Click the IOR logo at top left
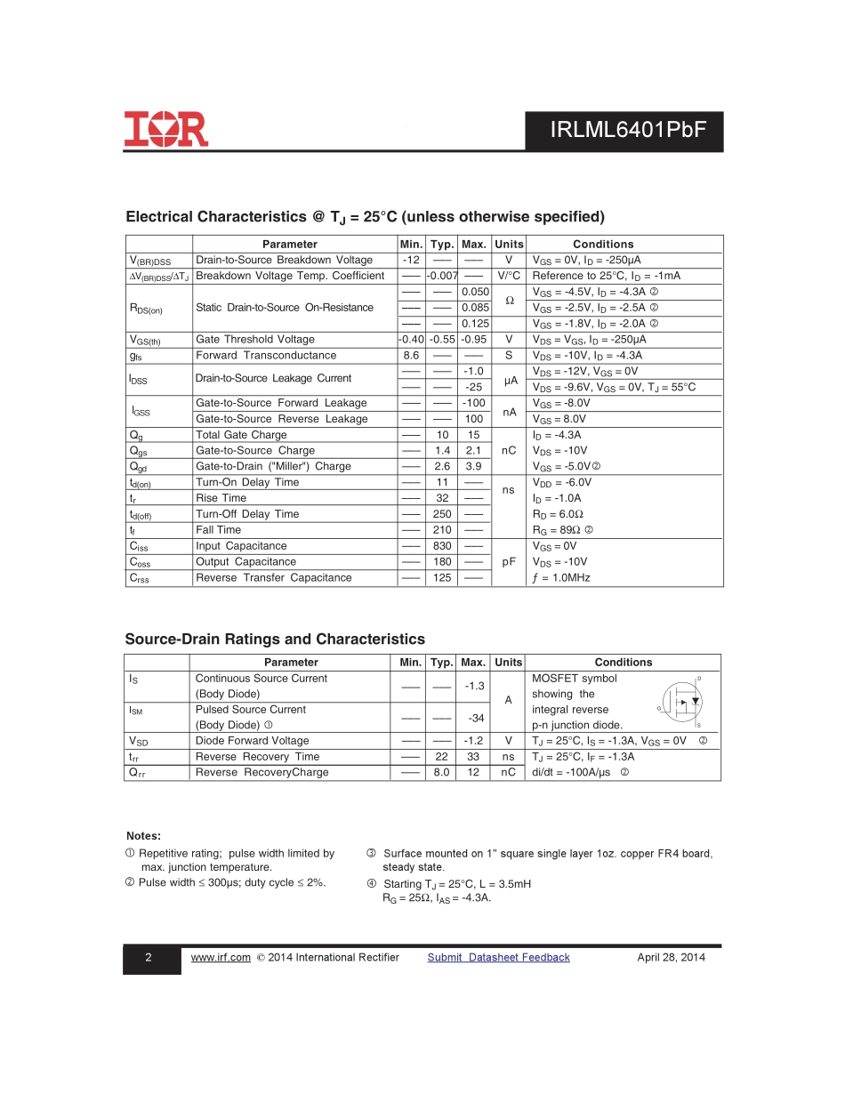166,129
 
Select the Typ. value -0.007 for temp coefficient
442,276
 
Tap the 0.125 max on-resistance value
475,324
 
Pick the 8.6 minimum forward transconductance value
411,355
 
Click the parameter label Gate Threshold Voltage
255,340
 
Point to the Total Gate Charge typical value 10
442,435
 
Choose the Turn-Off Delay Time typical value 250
442,514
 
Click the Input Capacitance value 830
442,546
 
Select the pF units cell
509,562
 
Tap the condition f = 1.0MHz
561,578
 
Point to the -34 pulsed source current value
475,718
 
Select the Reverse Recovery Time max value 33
474,757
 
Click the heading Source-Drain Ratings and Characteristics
275,640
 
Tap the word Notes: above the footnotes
144,836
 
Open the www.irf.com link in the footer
221,958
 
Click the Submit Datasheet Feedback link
498,958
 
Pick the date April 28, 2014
671,958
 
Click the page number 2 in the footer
149,958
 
